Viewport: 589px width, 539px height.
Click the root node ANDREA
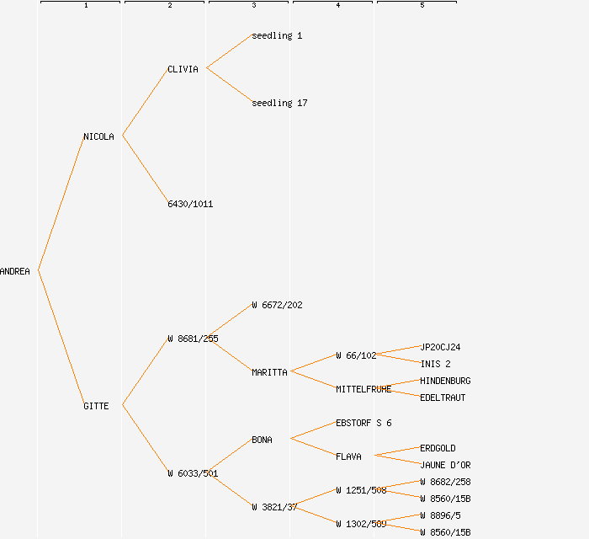15,271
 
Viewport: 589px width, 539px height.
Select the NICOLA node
98,136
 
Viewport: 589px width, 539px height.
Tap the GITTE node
96,406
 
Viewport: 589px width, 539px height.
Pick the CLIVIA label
183,69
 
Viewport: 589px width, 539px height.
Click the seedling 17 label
279,103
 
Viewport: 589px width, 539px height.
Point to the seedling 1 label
277,35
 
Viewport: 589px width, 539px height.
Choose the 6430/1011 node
190,204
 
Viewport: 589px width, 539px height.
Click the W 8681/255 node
193,339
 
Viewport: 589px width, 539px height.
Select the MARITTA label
269,372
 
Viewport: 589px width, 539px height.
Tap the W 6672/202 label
277,305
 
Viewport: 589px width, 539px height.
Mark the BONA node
262,440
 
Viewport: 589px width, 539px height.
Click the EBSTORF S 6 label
363,423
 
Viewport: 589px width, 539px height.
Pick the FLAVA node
348,456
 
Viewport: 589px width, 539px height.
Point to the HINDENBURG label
445,381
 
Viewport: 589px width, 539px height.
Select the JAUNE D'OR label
445,465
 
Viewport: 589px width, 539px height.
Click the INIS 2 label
435,364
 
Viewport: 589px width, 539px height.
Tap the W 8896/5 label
440,515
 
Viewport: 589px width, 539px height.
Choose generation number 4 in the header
337,6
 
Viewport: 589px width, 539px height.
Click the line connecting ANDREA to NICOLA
61,204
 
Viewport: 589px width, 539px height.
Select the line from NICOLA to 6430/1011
145,169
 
